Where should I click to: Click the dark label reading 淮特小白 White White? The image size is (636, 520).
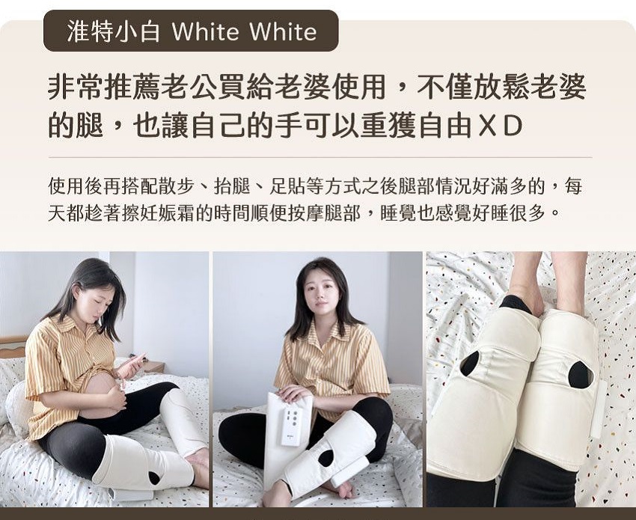(191, 31)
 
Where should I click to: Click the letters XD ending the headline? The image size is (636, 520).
(500, 126)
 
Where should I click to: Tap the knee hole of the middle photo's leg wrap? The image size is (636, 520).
(325, 457)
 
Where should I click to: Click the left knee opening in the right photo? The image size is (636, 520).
(470, 364)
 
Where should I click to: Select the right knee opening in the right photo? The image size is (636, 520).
(579, 374)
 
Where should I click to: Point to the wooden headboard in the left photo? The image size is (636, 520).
(13, 346)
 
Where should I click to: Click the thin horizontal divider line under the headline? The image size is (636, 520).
(320, 157)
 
